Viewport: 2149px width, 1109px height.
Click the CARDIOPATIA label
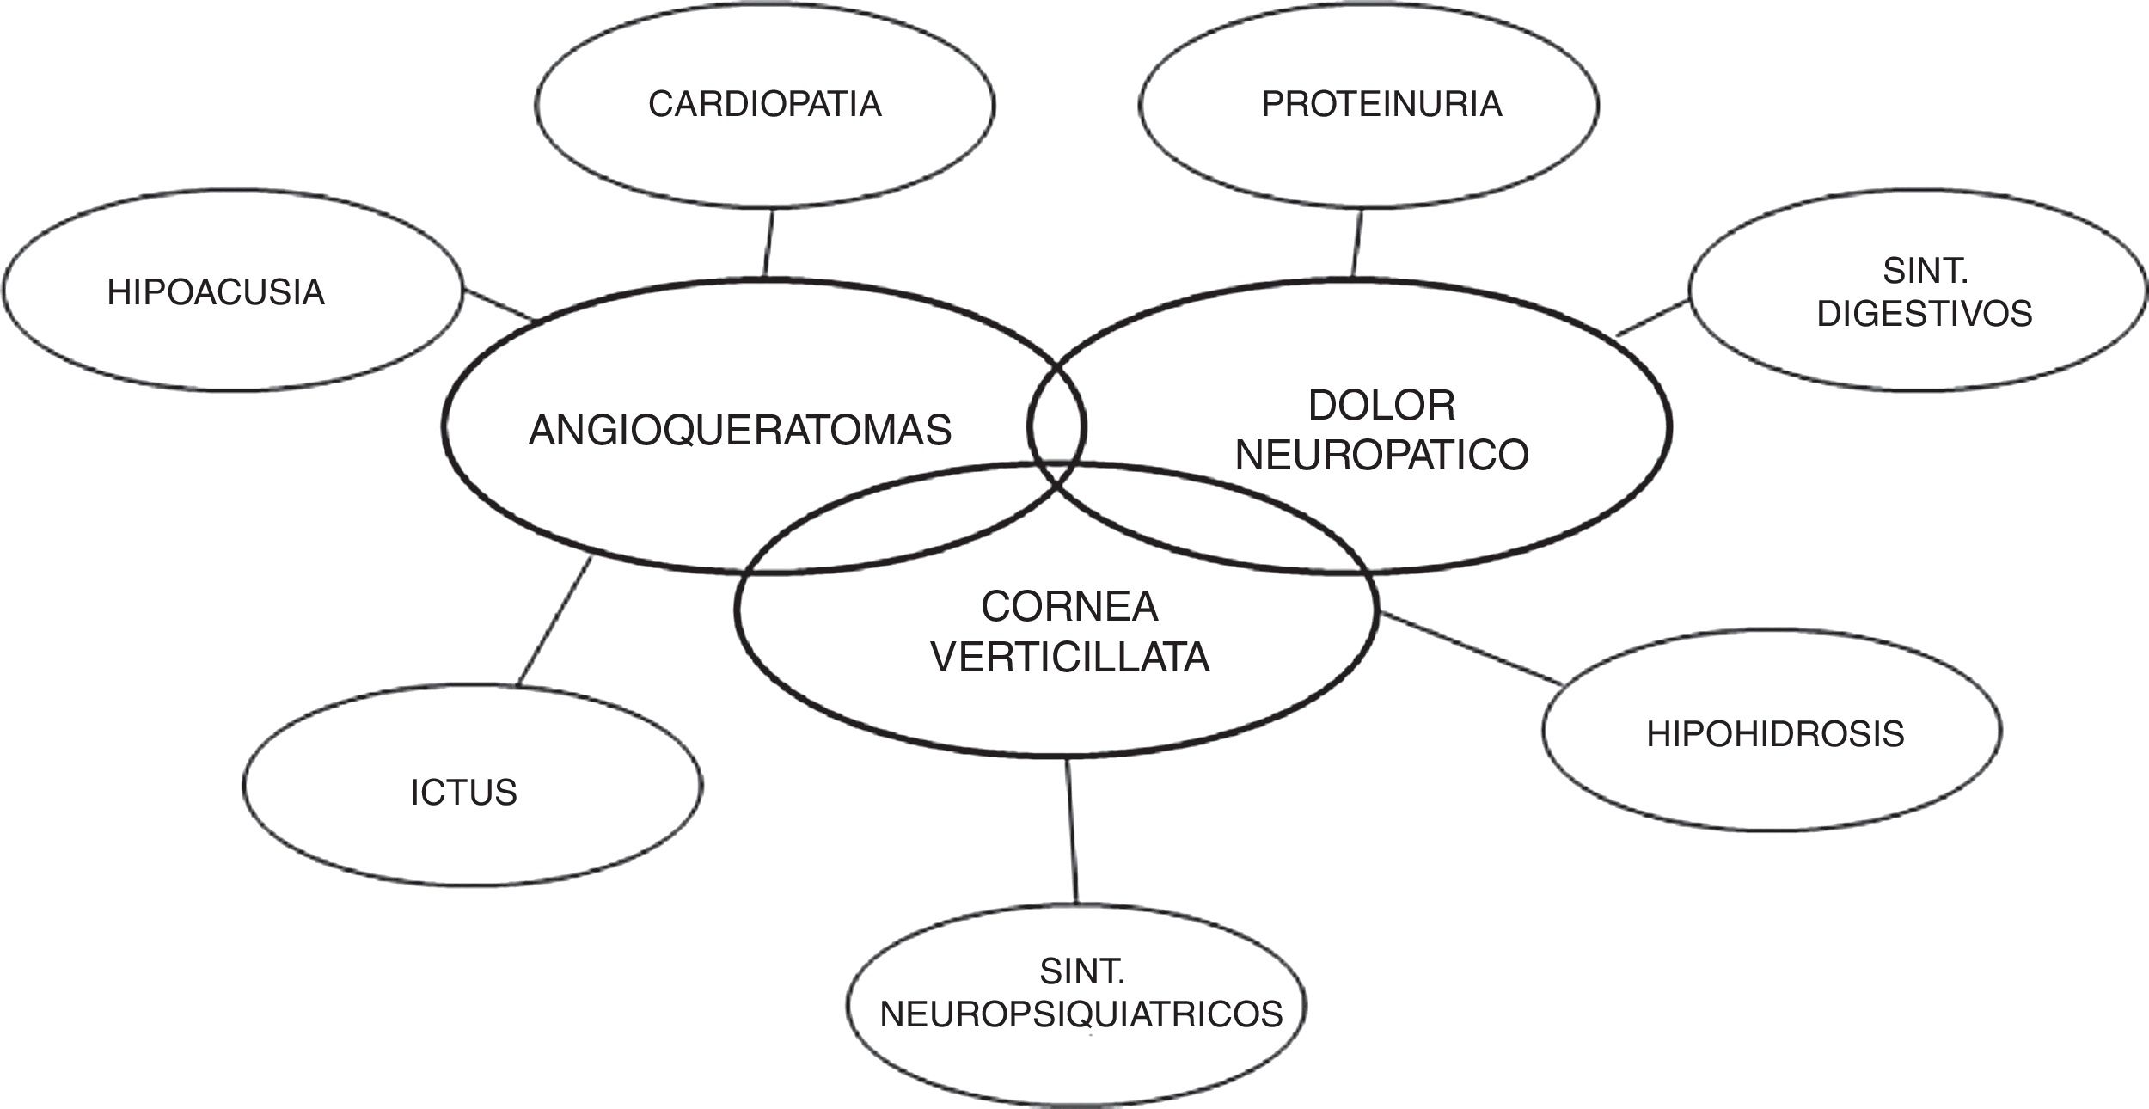click(764, 104)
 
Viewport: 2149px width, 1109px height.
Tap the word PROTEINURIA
click(1381, 104)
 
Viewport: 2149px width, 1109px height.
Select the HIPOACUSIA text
click(216, 292)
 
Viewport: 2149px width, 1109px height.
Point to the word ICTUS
click(464, 793)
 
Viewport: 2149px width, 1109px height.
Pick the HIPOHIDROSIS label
click(1775, 734)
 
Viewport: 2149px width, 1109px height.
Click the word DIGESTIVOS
click(1925, 313)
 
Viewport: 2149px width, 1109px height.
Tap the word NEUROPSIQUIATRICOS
click(1081, 1014)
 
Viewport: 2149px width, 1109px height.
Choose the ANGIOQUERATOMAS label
click(740, 430)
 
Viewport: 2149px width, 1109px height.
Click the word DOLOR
click(1381, 406)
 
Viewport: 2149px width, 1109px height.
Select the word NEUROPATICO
click(1381, 455)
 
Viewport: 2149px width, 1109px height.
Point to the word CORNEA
click(1069, 608)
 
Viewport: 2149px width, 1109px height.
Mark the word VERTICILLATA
click(1070, 659)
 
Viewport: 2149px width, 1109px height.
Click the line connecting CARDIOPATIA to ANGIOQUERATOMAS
click(768, 243)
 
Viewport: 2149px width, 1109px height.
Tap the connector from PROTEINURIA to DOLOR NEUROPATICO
click(1357, 243)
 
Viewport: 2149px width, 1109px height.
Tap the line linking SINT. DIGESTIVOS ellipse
click(1652, 317)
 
